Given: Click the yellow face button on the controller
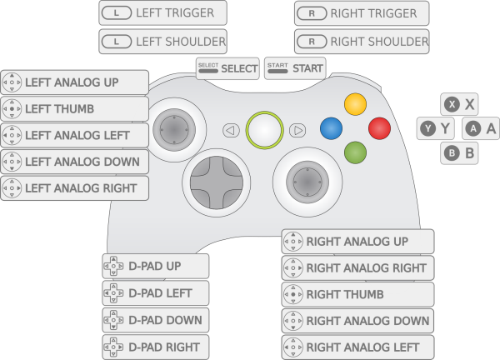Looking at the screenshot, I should pos(356,104).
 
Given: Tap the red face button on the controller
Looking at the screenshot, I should pos(379,128).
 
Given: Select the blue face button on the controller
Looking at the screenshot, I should pos(332,128).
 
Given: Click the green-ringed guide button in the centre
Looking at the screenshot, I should pos(264,129).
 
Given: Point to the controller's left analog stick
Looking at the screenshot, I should pos(175,130).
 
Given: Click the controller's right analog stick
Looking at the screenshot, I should pos(307,180).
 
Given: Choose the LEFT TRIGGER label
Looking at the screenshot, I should pos(162,13).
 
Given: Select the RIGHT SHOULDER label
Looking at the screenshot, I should pos(362,41).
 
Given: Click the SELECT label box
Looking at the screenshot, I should pos(227,67).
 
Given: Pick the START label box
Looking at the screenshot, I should pos(294,67).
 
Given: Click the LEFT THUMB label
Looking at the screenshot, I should pos(75,109).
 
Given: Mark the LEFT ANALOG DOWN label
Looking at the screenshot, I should pos(75,162).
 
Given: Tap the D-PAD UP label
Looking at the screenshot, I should pos(155,267).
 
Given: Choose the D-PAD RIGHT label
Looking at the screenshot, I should pos(155,347).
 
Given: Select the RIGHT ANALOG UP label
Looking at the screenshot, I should pos(357,242).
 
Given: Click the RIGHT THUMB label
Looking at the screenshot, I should pos(357,294).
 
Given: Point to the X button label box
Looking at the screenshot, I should pos(461,104).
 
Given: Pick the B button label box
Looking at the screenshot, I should pos(461,153).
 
